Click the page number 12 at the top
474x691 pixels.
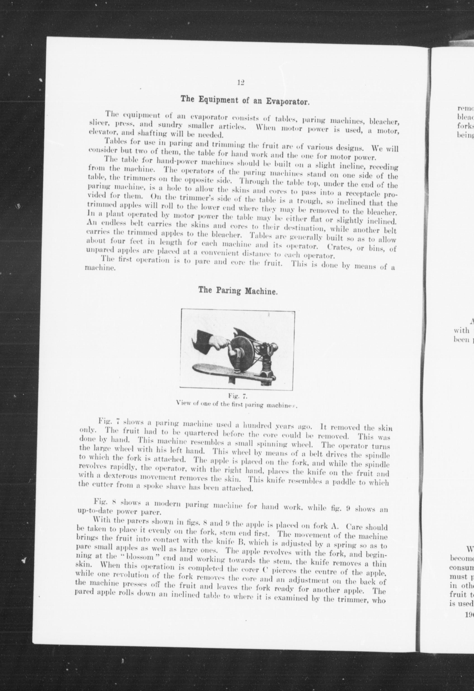coord(241,83)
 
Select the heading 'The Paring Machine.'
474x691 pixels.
coord(238,291)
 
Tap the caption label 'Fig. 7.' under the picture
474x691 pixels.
coord(237,396)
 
